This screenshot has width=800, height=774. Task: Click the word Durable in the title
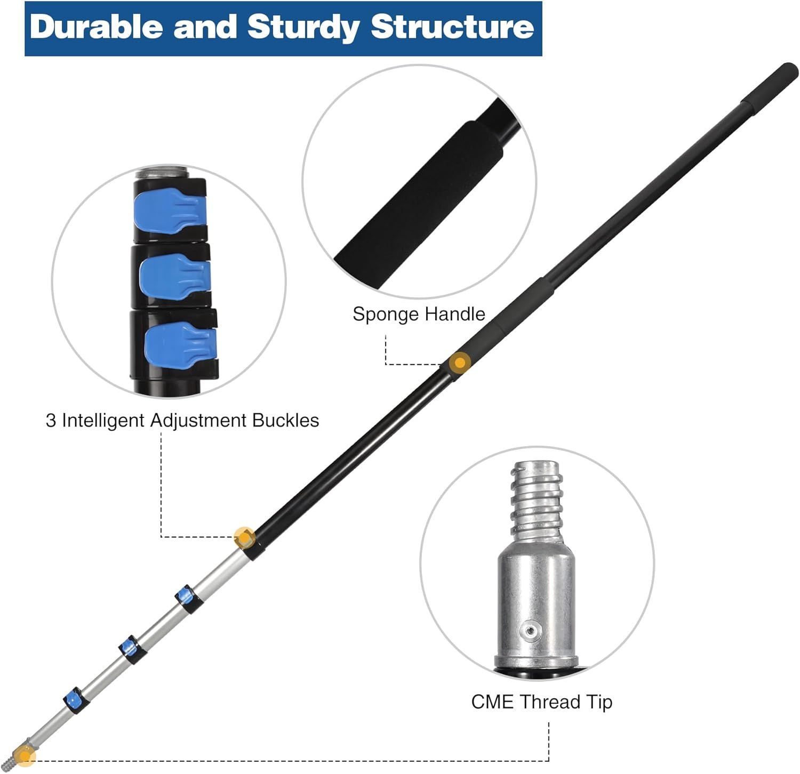[96, 27]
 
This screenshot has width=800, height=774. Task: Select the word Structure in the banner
[452, 27]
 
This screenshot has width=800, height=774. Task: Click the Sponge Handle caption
[419, 314]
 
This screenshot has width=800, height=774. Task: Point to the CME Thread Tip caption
[541, 702]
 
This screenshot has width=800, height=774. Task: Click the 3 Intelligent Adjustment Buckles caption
[182, 421]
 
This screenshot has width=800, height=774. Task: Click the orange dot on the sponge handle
[459, 363]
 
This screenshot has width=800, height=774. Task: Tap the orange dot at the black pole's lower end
[244, 537]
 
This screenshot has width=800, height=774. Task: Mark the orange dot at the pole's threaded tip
[24, 755]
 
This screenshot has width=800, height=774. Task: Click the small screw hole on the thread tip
[530, 631]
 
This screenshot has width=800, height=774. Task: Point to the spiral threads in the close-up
[537, 500]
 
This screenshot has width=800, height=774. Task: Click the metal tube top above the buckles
[162, 174]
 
